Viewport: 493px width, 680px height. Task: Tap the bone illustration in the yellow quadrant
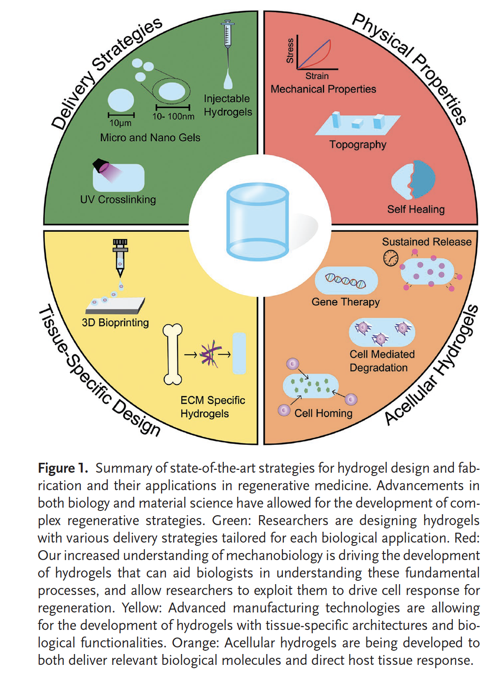[173, 354]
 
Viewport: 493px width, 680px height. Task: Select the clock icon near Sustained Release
[391, 258]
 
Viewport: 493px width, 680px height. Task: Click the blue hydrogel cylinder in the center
[257, 222]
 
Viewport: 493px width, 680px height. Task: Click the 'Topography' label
[357, 144]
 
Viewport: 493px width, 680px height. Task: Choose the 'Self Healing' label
[416, 209]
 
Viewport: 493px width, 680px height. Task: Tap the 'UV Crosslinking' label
[118, 199]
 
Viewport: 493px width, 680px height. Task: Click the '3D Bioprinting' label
[115, 323]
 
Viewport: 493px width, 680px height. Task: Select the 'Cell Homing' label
[323, 413]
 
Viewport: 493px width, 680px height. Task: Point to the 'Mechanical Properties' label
[323, 89]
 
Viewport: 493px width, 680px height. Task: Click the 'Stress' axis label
[290, 51]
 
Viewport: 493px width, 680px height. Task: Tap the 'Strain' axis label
[317, 76]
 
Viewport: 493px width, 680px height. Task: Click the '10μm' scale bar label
[120, 123]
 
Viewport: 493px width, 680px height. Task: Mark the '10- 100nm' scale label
[173, 116]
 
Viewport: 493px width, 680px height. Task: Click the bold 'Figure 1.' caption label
[63, 468]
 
